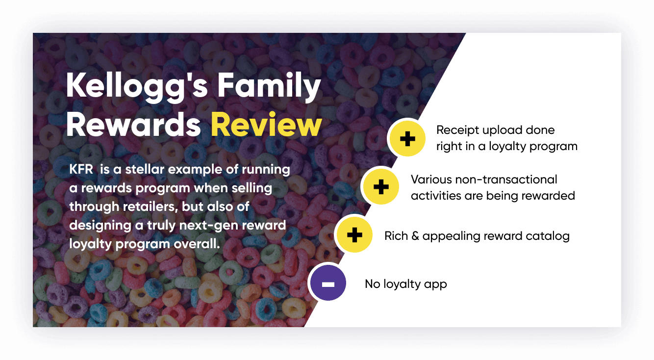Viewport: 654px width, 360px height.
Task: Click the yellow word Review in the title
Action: (266, 125)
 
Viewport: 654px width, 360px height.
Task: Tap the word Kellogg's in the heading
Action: (137, 87)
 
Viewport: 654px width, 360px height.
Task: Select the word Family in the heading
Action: (269, 86)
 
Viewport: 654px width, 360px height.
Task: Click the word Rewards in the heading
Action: (133, 125)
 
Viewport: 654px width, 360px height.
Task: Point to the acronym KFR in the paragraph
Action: (81, 169)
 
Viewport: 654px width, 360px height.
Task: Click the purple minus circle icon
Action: (328, 283)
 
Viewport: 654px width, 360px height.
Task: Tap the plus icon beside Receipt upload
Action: (407, 138)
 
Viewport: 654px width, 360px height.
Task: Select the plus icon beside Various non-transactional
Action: (381, 187)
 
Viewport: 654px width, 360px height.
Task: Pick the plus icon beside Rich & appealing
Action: (355, 235)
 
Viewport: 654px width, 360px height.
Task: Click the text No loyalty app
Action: (406, 284)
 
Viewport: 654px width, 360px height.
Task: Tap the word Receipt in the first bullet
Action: (457, 130)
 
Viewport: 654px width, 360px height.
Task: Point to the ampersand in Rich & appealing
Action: (415, 236)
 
